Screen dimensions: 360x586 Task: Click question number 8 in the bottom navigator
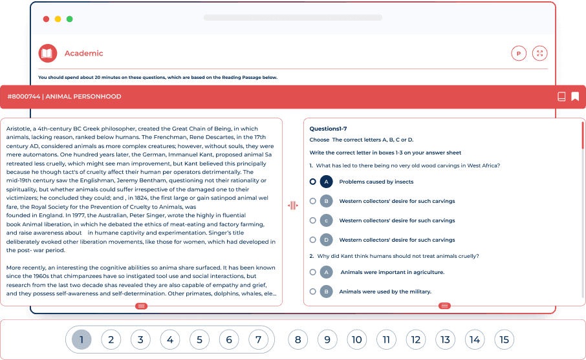tap(298, 339)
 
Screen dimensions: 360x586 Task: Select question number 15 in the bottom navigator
tap(505, 339)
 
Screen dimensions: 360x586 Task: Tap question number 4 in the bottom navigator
tap(169, 339)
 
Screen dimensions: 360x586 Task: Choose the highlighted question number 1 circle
tap(81, 339)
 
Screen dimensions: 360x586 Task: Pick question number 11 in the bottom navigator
tap(386, 339)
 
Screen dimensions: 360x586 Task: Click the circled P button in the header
tap(518, 54)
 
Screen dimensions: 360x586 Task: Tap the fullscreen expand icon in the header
tap(539, 54)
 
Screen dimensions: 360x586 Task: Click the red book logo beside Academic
tap(47, 54)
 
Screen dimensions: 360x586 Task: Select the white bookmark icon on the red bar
tap(575, 97)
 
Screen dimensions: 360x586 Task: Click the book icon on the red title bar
tap(561, 97)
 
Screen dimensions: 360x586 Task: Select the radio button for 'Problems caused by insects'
tap(313, 182)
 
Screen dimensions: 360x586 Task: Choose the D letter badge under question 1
tap(327, 240)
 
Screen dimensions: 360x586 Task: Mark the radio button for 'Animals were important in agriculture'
tap(313, 272)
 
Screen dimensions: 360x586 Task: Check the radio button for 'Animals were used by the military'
tap(313, 291)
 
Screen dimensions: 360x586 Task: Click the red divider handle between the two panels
tap(292, 206)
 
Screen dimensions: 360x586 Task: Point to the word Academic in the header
tap(83, 54)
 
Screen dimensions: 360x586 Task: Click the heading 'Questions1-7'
tap(328, 129)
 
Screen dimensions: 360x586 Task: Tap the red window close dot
tap(47, 19)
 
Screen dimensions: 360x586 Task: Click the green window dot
tap(70, 19)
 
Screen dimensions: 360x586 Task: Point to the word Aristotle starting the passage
tap(19, 129)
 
